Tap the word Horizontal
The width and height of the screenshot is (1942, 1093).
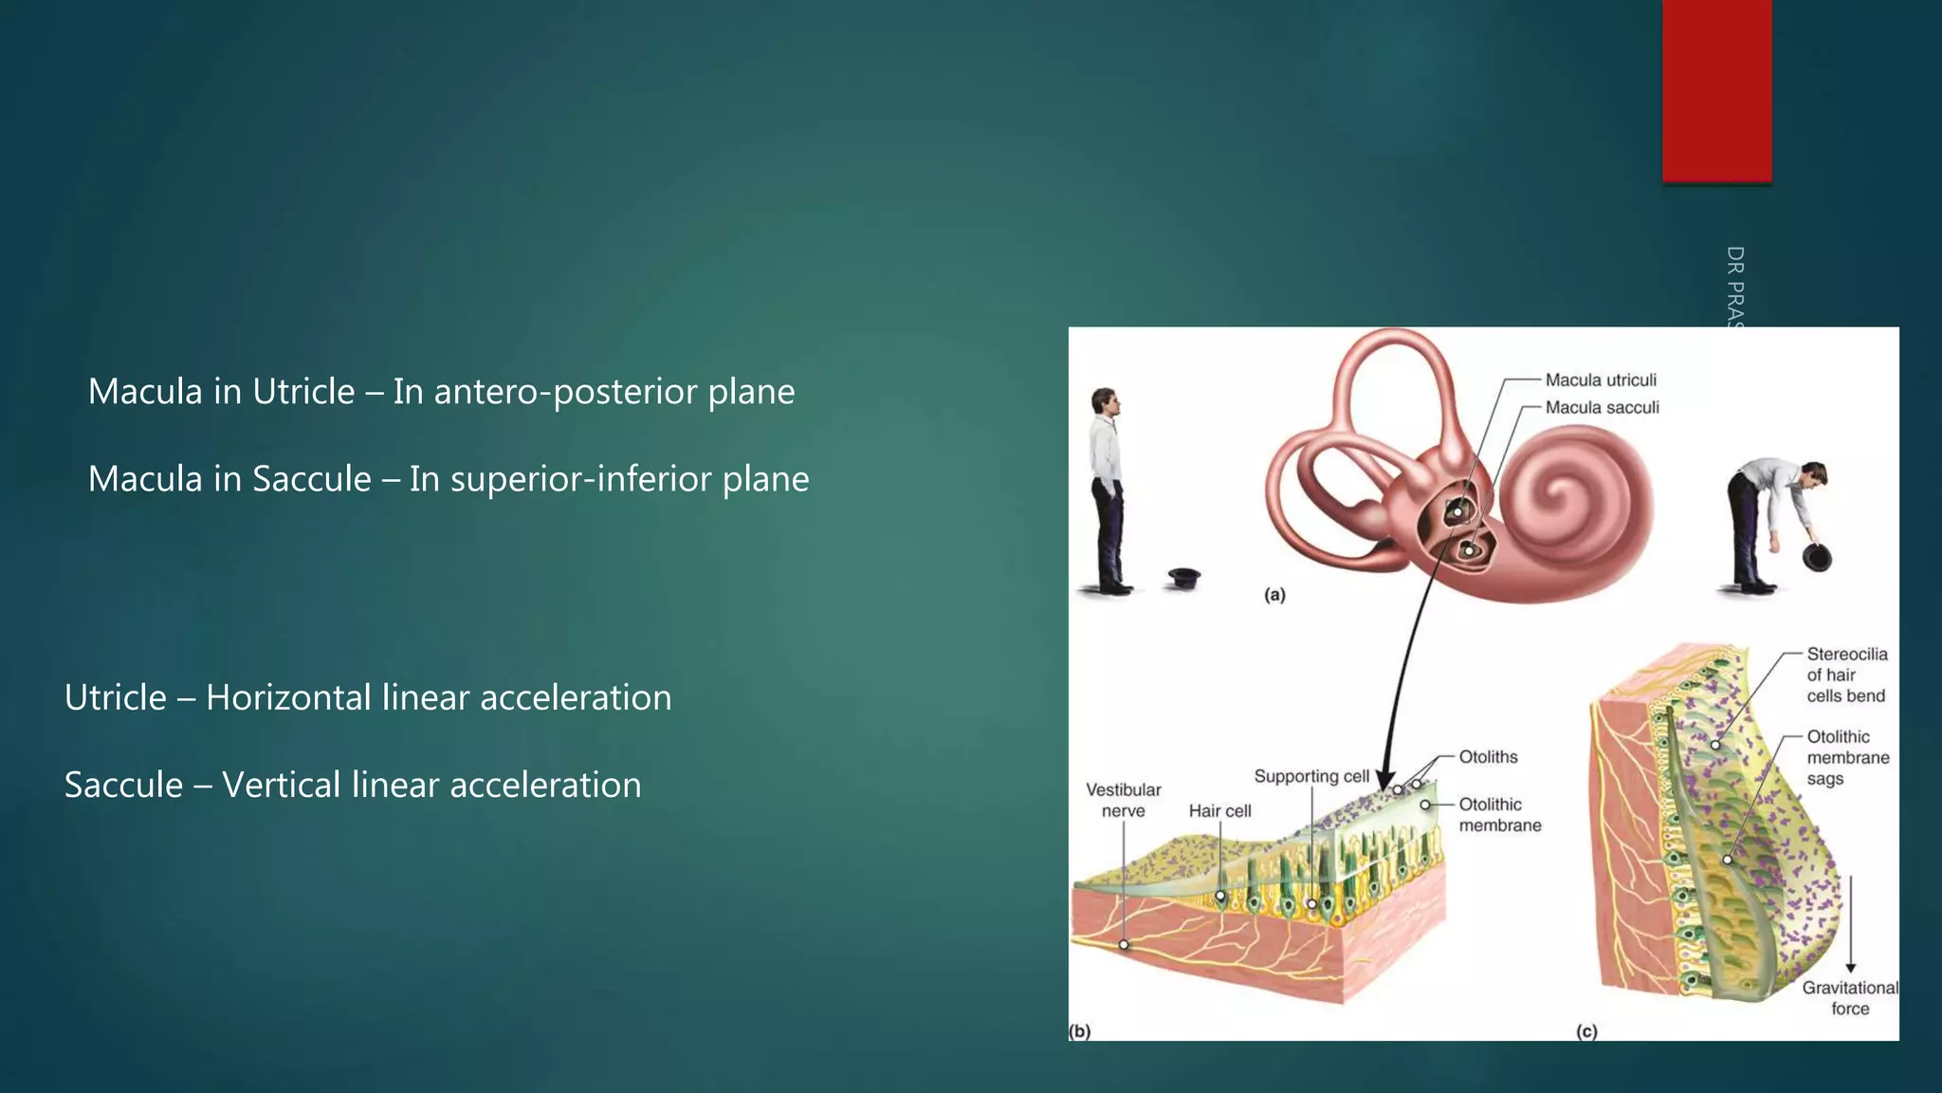click(x=288, y=698)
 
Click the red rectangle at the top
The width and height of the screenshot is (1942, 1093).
click(x=1716, y=90)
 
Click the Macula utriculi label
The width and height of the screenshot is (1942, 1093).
click(x=1601, y=380)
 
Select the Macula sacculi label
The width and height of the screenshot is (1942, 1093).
click(x=1602, y=408)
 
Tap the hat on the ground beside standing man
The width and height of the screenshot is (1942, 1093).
click(x=1184, y=577)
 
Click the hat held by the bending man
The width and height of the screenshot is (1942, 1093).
click(x=1817, y=558)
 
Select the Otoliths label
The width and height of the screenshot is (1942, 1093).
click(x=1488, y=757)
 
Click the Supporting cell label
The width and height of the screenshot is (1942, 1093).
click(x=1311, y=776)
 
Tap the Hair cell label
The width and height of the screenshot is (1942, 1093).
click(x=1219, y=811)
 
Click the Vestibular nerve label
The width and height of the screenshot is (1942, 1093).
click(x=1123, y=800)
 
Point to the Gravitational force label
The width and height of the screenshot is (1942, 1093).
click(x=1849, y=998)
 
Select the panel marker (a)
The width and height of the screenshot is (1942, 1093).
click(x=1274, y=595)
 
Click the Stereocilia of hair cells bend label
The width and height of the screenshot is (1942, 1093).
click(x=1845, y=675)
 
